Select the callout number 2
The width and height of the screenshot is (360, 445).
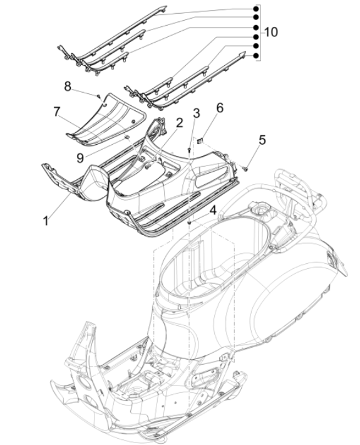click(x=179, y=123)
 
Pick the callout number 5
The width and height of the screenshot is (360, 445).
click(x=262, y=139)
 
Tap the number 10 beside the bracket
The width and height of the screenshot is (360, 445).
click(x=271, y=31)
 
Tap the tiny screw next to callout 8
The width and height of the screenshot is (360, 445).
click(x=99, y=96)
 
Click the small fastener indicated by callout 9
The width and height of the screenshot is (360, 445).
click(x=126, y=136)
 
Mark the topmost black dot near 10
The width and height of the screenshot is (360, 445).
click(x=255, y=10)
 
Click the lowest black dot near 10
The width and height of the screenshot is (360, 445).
click(x=255, y=56)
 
